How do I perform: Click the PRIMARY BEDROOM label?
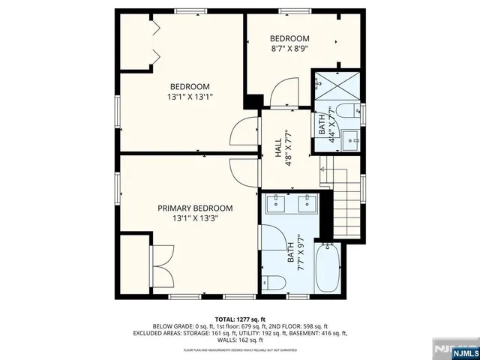click(194, 208)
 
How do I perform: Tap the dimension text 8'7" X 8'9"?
click(289, 49)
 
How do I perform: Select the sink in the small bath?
click(349, 138)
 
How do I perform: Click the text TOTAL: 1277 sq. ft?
click(240, 318)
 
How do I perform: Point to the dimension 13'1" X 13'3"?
click(194, 219)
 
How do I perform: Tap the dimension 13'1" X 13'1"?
click(189, 97)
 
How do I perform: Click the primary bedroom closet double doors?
click(161, 266)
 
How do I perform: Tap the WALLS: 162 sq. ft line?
click(240, 340)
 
